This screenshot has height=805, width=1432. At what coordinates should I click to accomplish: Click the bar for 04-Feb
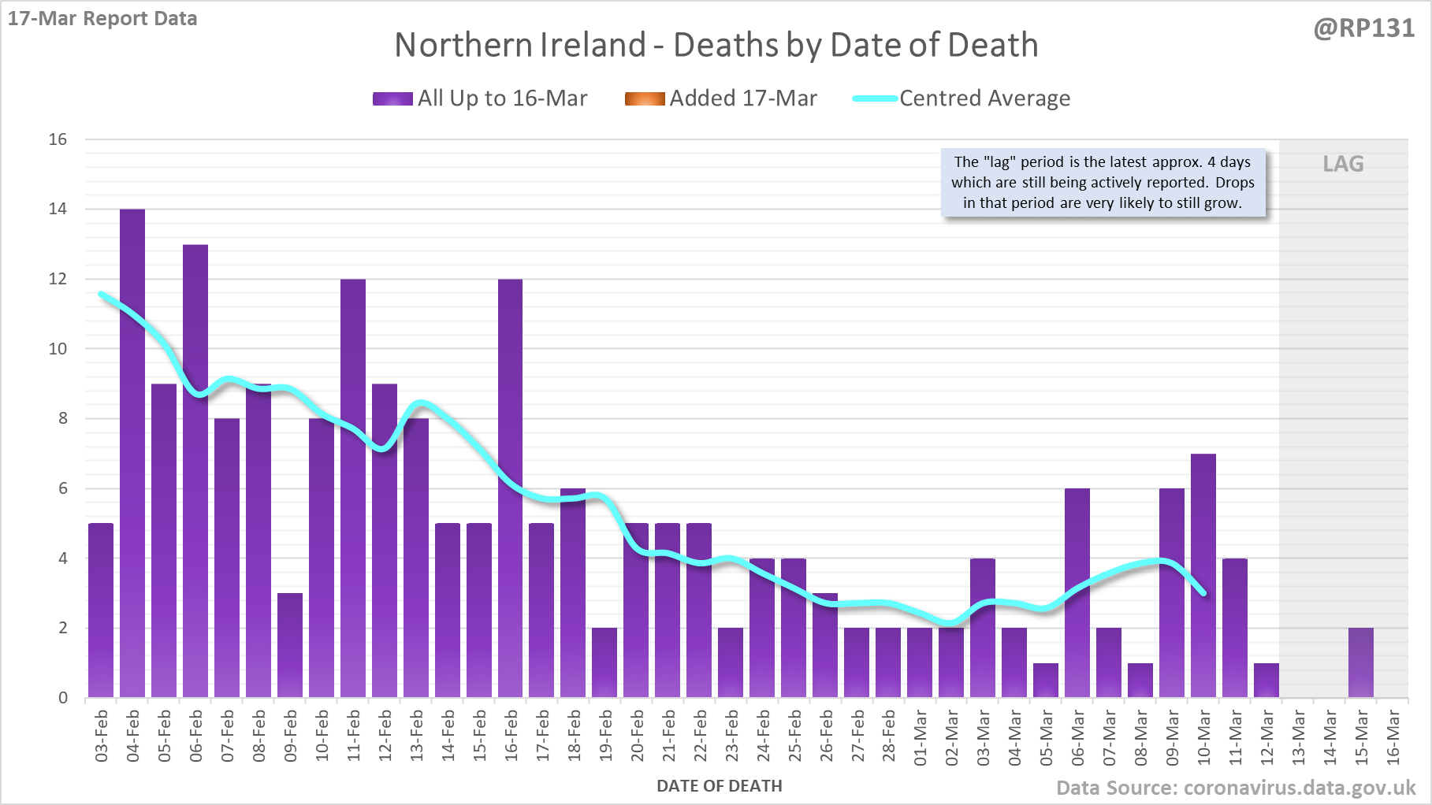click(132, 453)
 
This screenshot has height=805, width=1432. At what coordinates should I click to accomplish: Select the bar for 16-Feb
click(510, 488)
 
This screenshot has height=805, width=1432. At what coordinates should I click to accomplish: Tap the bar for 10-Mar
click(1203, 575)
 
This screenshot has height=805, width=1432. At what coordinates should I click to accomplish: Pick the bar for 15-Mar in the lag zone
click(1361, 662)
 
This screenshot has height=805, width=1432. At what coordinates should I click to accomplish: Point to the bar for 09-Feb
click(290, 645)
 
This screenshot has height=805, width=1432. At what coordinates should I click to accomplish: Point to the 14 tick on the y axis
click(58, 209)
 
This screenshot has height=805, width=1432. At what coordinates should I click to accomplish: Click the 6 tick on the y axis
click(63, 488)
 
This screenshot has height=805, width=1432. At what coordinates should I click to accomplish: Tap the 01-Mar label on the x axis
click(921, 737)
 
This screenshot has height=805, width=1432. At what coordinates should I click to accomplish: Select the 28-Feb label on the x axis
click(889, 737)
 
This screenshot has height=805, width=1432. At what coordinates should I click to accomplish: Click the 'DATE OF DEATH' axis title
click(719, 786)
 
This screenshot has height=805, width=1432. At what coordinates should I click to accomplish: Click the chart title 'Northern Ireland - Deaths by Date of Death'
click(716, 45)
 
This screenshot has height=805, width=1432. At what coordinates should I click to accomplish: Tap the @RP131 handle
click(1363, 28)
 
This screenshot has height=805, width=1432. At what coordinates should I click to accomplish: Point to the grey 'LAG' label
click(1343, 164)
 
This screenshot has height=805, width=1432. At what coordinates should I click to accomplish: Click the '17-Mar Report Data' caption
click(102, 18)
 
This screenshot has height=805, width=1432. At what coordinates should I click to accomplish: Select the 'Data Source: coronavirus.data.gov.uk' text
click(1235, 788)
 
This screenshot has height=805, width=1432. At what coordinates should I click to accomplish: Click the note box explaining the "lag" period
click(1103, 183)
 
